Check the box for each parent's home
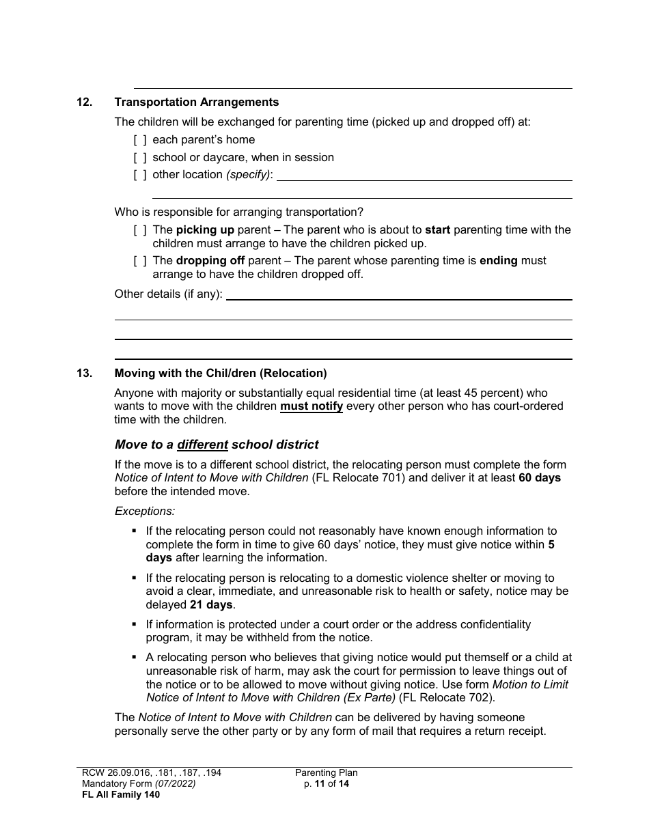click(x=140, y=140)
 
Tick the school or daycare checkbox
click(x=140, y=158)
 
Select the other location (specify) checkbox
click(x=140, y=175)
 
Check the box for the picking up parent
click(x=140, y=230)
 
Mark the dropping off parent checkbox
click(x=140, y=261)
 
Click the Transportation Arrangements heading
click(x=197, y=102)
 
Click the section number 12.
click(x=84, y=102)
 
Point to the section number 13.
click(x=84, y=374)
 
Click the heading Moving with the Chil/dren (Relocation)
click(x=221, y=374)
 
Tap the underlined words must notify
click(x=312, y=407)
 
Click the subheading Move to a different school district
click(x=217, y=445)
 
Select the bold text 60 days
click(x=540, y=478)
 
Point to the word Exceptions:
click(x=145, y=511)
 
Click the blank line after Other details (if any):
click(x=399, y=295)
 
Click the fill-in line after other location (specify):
click(x=424, y=176)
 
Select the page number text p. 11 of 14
click(x=327, y=784)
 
